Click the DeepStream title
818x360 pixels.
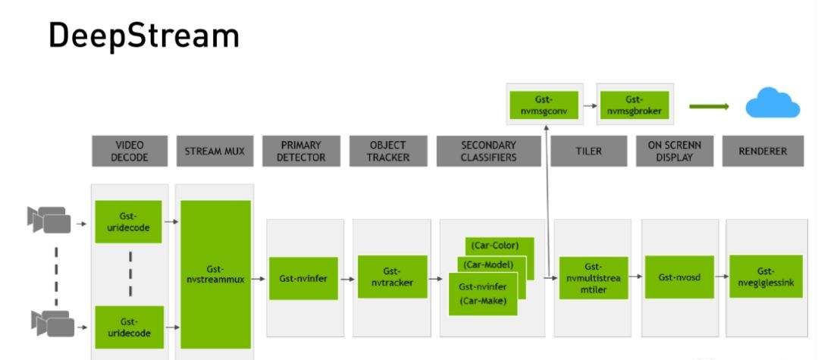[x=144, y=36]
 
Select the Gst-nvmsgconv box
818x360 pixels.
[x=544, y=105]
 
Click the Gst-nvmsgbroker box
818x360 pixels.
[x=635, y=105]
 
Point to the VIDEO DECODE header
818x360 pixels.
[x=130, y=151]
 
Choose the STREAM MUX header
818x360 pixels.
[x=215, y=151]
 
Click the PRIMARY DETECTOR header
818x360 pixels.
[x=300, y=151]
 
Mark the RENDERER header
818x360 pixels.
[x=762, y=151]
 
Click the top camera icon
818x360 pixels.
[x=49, y=219]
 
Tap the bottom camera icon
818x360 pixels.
[x=52, y=324]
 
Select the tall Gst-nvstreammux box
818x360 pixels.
[x=215, y=274]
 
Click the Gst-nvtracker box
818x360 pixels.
[x=391, y=277]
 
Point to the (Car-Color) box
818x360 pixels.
[x=500, y=246]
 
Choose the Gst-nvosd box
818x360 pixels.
[x=675, y=277]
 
